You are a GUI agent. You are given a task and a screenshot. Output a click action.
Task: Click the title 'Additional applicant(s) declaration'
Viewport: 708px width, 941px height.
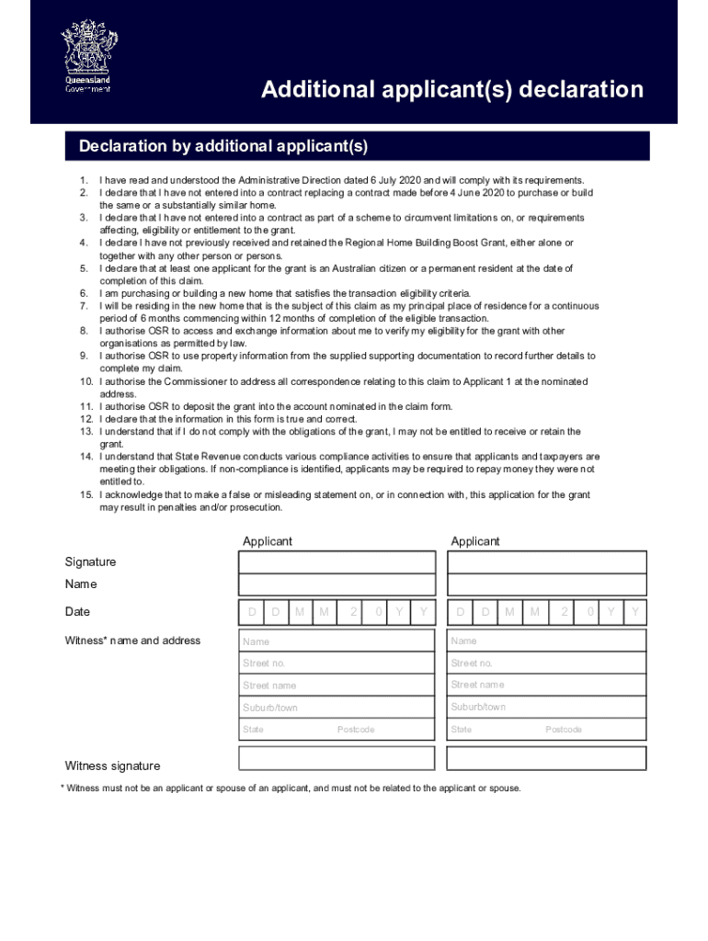coord(451,90)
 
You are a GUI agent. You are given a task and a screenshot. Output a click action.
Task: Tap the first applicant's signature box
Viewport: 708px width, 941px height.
coord(337,562)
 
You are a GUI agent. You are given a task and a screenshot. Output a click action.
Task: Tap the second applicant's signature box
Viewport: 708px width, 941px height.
coord(546,562)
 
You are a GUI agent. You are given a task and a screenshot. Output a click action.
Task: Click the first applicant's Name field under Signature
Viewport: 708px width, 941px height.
coord(337,585)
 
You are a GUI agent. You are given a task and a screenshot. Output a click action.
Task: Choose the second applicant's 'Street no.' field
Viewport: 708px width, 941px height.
coord(546,663)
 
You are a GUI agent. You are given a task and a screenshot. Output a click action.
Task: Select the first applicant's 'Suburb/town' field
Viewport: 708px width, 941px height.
coord(337,708)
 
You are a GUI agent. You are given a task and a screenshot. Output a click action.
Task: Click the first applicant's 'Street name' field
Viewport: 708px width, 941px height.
coord(337,686)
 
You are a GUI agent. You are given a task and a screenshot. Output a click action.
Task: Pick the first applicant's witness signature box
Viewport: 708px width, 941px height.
coord(337,758)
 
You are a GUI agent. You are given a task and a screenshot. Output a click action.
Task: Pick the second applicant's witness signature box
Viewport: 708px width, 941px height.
coord(546,758)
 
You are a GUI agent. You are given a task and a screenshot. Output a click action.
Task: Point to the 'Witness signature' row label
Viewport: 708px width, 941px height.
coord(112,766)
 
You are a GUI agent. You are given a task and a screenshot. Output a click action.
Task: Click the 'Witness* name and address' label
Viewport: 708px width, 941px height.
coord(132,641)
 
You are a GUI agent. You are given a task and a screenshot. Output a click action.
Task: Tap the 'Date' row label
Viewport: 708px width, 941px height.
coord(77,612)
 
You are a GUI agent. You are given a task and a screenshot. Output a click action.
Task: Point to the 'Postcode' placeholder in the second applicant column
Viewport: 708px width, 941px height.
coord(564,730)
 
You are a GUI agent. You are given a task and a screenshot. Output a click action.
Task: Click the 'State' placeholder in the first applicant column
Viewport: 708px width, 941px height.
coord(253,730)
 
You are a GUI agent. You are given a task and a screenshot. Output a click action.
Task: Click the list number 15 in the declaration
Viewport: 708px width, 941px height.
coord(86,495)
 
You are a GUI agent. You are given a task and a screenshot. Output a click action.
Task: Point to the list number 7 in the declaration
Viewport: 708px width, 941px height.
coord(83,306)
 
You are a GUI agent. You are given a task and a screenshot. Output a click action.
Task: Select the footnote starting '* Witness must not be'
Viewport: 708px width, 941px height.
coord(291,788)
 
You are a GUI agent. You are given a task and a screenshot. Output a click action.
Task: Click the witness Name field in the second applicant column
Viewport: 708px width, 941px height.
coord(546,641)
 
